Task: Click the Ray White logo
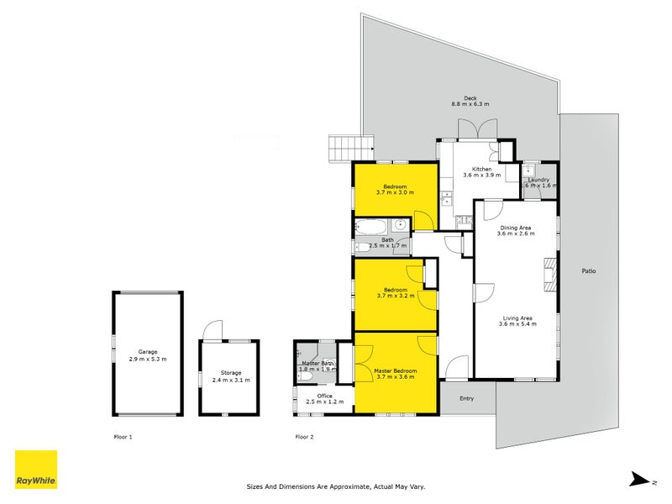(36, 470)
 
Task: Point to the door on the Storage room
(215, 331)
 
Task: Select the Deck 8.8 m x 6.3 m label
(470, 100)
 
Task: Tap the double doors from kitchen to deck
(469, 130)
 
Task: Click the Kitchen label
(481, 170)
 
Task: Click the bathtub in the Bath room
(371, 226)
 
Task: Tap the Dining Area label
(516, 228)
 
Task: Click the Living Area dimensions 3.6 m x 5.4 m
(517, 323)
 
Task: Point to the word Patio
(591, 270)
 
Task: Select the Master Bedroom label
(395, 370)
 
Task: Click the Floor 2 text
(304, 437)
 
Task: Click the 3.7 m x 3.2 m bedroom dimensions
(395, 296)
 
